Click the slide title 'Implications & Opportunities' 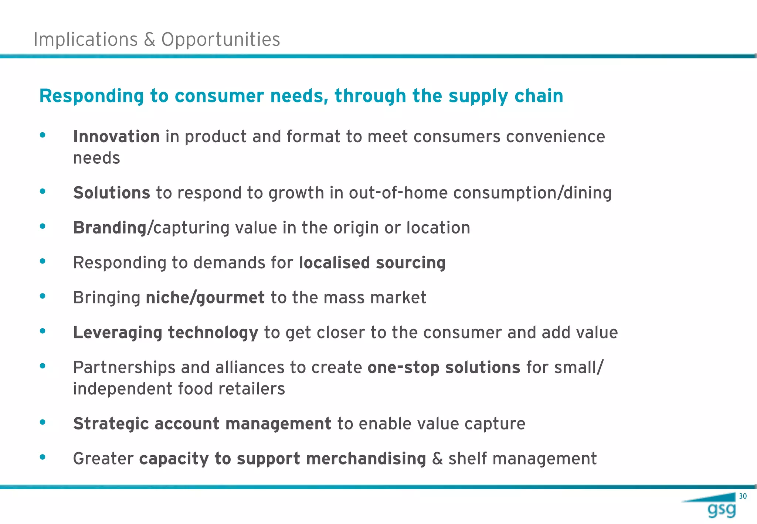pos(157,39)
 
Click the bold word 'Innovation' pos(116,137)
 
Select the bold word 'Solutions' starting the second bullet pos(112,193)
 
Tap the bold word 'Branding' pos(110,228)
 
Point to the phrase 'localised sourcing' pos(372,263)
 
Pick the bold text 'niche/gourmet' pos(205,298)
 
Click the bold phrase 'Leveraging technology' pos(166,333)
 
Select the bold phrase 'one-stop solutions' pos(444,368)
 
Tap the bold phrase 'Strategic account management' pos(202,424)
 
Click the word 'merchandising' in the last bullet pos(366,459)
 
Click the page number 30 pos(743,496)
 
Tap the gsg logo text pos(722,510)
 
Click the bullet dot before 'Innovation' pos(43,135)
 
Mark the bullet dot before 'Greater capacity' pos(43,457)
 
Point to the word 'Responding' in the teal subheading pos(91,96)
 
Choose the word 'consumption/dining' pos(532,193)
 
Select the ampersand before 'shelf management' pos(437,459)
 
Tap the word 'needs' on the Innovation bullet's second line pos(96,158)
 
